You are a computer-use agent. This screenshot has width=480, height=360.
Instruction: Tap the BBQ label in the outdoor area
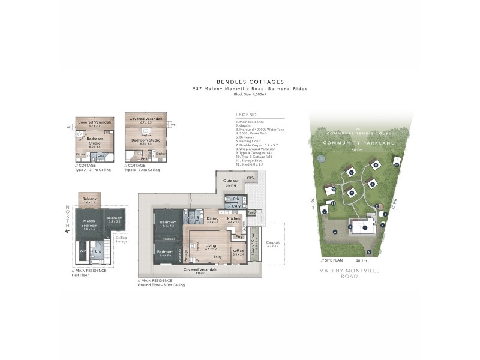coord(250,178)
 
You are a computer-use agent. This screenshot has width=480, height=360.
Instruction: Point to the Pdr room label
coord(236,198)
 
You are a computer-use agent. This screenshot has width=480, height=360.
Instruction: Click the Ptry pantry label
coord(238,236)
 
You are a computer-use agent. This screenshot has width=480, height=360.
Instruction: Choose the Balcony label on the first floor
coord(89,199)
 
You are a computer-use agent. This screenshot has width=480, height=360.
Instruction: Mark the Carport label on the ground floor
coord(272,243)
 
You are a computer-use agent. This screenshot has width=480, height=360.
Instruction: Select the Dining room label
coord(212,219)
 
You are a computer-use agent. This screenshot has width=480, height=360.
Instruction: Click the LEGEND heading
coord(246,114)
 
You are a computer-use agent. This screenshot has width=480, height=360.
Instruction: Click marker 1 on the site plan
coord(364,227)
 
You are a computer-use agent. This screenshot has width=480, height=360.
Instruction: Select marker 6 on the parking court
coord(335,232)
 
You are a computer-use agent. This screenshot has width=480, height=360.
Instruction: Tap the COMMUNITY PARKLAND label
coord(358,143)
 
